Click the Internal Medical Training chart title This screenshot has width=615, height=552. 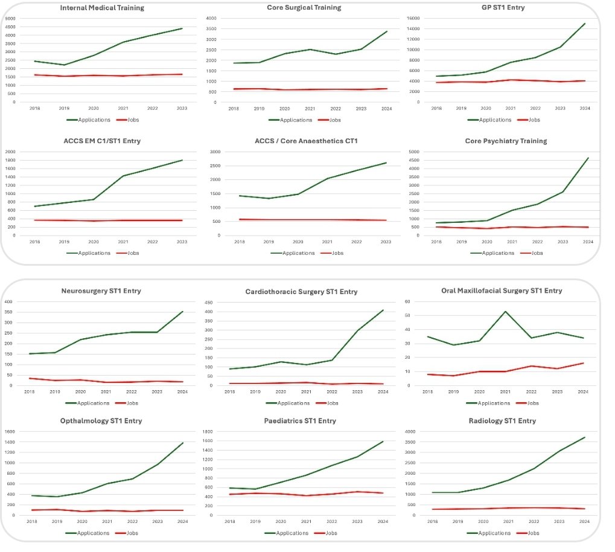(103, 8)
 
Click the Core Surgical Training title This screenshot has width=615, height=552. (304, 8)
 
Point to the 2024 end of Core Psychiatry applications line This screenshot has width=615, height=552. (588, 158)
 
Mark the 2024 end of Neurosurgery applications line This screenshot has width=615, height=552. (182, 312)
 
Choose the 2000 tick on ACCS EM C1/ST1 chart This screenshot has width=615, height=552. (10, 152)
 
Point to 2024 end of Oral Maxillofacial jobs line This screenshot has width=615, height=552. (582, 363)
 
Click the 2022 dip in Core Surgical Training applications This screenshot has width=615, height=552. (336, 54)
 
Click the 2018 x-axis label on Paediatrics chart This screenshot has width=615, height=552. (229, 522)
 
